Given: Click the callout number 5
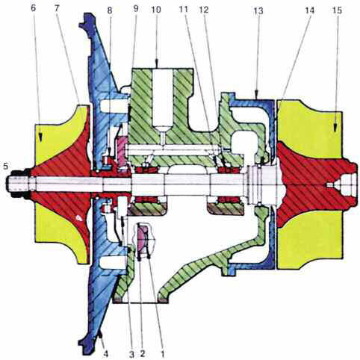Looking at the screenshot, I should (5, 166).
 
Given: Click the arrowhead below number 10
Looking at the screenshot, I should (157, 63).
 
